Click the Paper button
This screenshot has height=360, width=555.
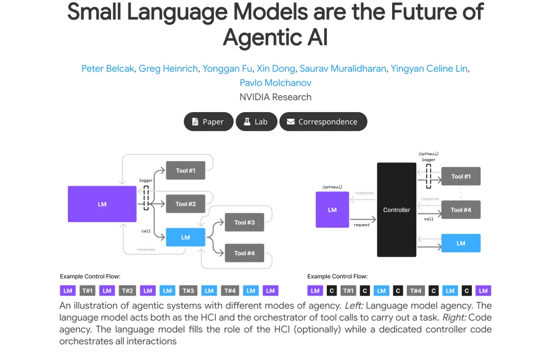coord(208,122)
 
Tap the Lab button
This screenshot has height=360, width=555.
coord(256,122)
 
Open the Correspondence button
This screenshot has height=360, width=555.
coord(323,122)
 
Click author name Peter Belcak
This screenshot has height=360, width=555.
coord(108,68)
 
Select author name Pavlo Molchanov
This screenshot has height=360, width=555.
coord(275,83)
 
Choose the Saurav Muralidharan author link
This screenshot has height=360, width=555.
coord(343,68)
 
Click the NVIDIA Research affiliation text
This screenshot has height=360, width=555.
coord(275,97)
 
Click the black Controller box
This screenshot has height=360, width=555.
coord(397,210)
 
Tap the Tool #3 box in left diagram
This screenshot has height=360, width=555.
coord(245,222)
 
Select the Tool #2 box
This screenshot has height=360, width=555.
coord(186,204)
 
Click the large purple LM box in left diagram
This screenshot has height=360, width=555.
coord(102,204)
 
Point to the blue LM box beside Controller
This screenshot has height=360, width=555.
coord(461,243)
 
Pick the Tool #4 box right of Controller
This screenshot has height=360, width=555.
coord(461,210)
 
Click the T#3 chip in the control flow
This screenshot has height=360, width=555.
coord(188,291)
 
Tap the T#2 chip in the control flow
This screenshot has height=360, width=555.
coord(127,291)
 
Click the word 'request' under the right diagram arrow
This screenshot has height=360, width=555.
coord(361,225)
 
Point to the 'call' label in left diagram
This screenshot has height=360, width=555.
coord(146,231)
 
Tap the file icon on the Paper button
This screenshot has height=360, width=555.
coord(195,122)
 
